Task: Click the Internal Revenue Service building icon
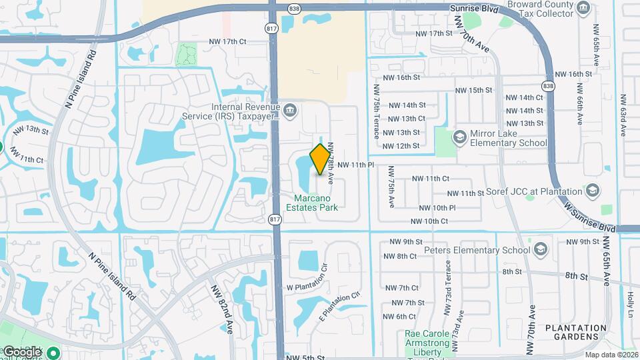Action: coord(290,109)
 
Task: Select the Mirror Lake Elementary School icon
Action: coord(459,137)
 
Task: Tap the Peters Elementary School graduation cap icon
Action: coord(540,251)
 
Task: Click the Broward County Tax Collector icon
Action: coord(584,8)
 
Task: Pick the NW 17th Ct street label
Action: coord(227,41)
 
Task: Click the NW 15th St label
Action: coord(473,90)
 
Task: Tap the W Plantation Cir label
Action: coord(309,277)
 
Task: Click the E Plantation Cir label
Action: coord(341,304)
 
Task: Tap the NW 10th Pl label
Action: coord(437,208)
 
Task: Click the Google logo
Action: coord(21,351)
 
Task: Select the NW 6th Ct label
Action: coord(401,317)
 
